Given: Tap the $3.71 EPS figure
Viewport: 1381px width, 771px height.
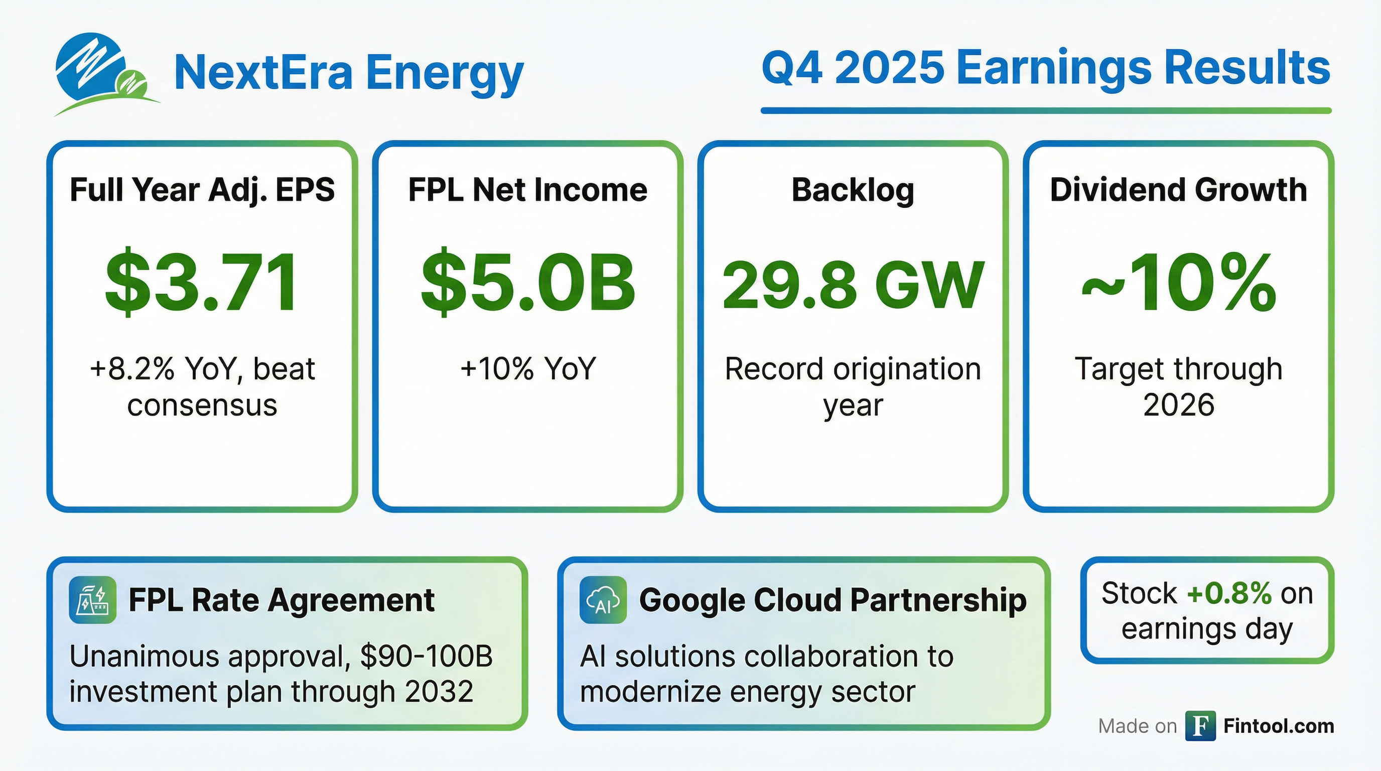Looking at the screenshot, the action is [x=202, y=282].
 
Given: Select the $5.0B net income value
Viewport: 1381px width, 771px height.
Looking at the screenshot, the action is [x=528, y=282].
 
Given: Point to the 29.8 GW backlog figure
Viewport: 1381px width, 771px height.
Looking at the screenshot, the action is [x=853, y=285].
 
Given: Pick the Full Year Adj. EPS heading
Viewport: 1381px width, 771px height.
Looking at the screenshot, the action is [x=202, y=191].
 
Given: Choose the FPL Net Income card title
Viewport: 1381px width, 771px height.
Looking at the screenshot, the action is [x=528, y=190].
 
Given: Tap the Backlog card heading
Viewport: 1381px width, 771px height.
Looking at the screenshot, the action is [x=853, y=191].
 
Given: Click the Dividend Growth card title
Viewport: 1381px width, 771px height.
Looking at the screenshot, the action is [x=1178, y=190].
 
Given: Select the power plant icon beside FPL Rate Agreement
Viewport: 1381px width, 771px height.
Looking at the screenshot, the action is [x=93, y=599].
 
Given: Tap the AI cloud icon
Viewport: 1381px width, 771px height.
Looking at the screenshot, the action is [x=603, y=599].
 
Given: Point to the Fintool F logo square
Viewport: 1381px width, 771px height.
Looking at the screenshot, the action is [x=1200, y=726].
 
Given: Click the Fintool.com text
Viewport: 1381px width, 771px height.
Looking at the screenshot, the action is [x=1279, y=726].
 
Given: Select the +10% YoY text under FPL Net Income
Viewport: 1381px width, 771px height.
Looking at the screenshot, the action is [x=528, y=369].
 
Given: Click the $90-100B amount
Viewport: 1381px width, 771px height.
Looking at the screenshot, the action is [x=426, y=656].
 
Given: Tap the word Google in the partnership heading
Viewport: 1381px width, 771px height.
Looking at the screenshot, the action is [x=692, y=600].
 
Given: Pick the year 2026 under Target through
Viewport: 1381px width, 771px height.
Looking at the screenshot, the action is [x=1178, y=405].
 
